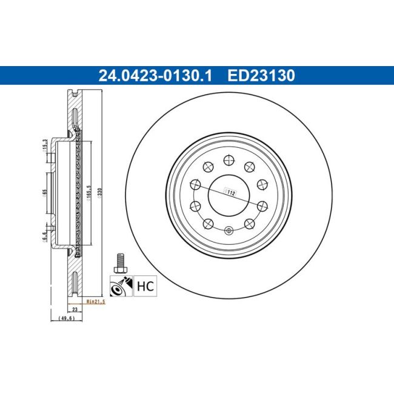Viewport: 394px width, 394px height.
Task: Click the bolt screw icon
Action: pyautogui.click(x=119, y=262)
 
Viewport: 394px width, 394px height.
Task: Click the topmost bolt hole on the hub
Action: pyautogui.click(x=229, y=160)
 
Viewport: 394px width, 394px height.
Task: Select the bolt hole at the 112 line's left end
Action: pyautogui.click(x=196, y=185)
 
